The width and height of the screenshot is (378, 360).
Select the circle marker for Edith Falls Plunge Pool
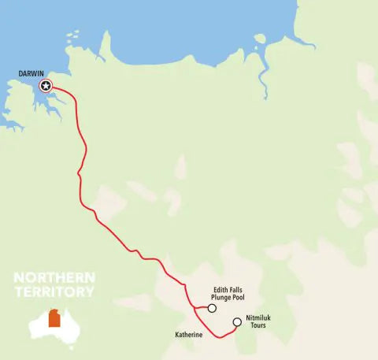212,308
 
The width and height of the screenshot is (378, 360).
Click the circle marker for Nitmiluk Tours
237,321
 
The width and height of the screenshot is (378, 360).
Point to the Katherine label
189,336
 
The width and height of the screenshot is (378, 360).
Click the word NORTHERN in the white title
54,278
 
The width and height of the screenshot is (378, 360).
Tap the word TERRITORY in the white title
54,291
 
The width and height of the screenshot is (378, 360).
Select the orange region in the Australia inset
54,318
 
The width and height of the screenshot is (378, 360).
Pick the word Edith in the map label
221,288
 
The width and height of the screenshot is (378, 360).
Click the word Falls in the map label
237,288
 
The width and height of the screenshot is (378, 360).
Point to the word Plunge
222,297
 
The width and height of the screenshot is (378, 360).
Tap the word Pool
241,297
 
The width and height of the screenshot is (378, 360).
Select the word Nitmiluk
260,317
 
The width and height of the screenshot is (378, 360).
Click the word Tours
259,326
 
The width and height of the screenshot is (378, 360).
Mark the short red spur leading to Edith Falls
201,306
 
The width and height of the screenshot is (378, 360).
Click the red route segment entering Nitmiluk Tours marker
232,328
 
